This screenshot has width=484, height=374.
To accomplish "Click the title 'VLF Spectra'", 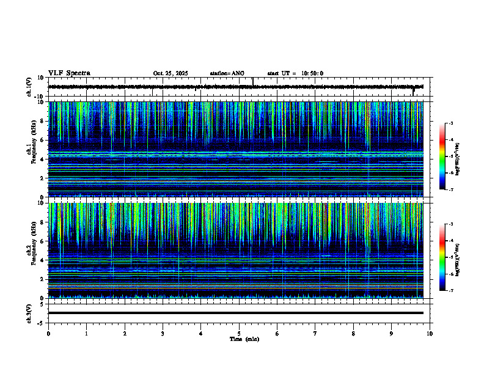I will click(69, 73).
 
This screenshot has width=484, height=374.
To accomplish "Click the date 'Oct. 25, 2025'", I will click(170, 73).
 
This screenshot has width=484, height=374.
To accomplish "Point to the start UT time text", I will click(295, 73).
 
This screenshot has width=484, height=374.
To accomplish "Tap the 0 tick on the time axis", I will click(48, 333).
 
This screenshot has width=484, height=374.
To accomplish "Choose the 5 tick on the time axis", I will click(239, 333).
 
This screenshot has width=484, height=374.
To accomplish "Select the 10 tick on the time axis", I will click(430, 333).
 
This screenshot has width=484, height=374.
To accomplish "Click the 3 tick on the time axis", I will click(163, 333).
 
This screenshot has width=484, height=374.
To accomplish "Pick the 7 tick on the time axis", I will click(315, 333).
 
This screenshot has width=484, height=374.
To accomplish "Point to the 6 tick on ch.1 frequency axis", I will click(43, 140).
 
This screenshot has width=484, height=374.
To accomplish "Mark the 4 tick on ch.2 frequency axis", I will click(43, 260).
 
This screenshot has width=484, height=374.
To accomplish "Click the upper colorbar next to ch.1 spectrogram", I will click(447, 157).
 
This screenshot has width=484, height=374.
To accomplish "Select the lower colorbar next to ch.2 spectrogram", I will click(447, 257).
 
